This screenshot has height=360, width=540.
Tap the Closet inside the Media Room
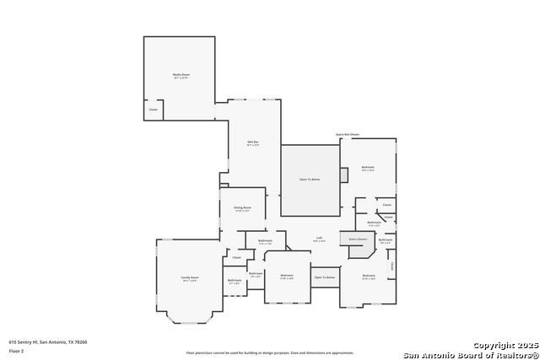point(153,110)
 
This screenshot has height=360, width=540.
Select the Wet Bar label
point(252,142)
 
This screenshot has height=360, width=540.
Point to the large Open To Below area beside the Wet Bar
point(310,180)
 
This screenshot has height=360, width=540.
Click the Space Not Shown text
point(347,134)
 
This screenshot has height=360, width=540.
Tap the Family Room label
point(190,278)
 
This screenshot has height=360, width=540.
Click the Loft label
point(319,239)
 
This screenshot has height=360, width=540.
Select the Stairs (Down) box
point(358,239)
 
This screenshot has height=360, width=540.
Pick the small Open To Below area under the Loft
point(325,277)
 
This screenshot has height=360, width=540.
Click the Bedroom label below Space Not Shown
point(368,168)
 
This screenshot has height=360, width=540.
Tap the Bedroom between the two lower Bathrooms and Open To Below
point(287,276)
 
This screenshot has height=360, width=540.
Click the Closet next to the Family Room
point(237,257)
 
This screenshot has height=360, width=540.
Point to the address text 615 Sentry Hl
point(48,342)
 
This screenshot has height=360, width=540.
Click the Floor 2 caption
point(16,350)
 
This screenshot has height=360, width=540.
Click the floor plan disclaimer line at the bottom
point(270,352)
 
